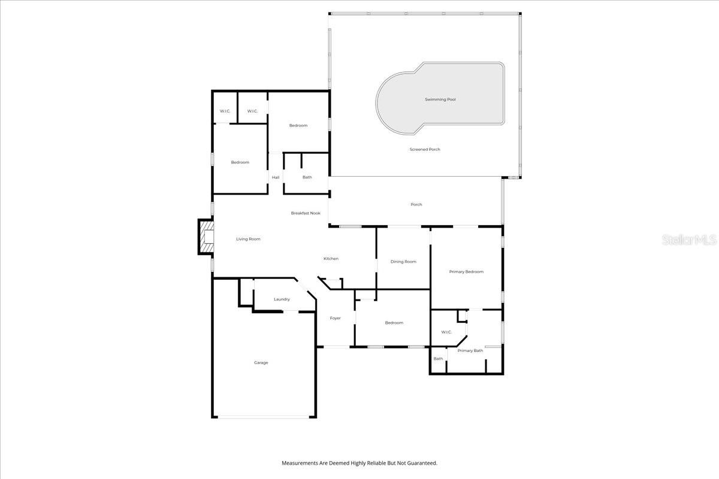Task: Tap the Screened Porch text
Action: tap(425, 149)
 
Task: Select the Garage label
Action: tap(261, 362)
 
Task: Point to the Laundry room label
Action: tap(282, 299)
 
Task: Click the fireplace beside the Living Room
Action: tap(207, 237)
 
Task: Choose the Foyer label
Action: tap(335, 318)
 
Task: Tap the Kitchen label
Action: tap(331, 259)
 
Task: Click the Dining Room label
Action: tap(403, 262)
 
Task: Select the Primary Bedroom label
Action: tap(466, 272)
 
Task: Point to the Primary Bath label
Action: tap(470, 350)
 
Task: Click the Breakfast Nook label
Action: tap(306, 213)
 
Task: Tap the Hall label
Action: tap(276, 177)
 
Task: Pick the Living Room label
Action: tap(248, 239)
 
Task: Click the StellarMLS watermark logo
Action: tap(689, 240)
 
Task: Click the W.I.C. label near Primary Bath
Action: tap(446, 332)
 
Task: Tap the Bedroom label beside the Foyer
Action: tap(394, 323)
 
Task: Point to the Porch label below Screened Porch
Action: tap(416, 205)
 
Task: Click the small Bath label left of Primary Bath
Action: tap(438, 359)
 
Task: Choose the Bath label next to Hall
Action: tap(307, 177)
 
